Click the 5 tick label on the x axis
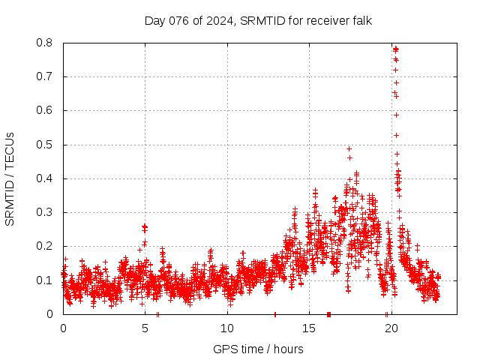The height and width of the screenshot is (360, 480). (145, 328)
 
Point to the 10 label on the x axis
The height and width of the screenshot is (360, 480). (227, 328)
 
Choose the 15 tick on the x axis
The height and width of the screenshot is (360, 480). (309, 328)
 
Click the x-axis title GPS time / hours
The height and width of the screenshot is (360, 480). (258, 349)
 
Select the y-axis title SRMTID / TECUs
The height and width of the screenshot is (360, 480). (10, 178)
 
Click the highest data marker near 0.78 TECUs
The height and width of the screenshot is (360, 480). (395, 49)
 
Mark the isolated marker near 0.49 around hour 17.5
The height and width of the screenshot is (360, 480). (349, 148)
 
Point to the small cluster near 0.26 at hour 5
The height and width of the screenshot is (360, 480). (144, 226)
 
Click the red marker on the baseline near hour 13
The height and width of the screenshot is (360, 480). (275, 313)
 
